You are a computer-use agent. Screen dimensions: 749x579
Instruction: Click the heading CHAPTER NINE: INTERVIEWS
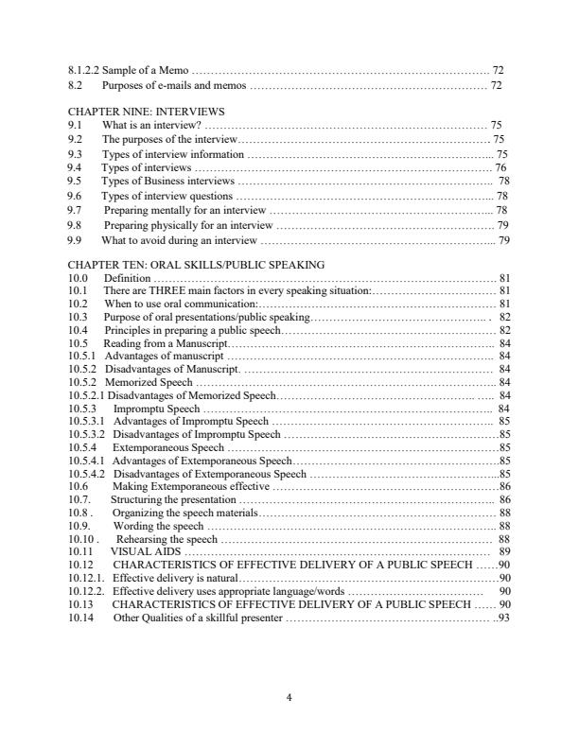pos(147,112)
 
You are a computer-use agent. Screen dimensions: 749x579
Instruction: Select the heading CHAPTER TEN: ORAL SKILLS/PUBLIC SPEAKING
pos(197,266)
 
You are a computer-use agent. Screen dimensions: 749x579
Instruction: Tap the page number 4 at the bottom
pos(289,699)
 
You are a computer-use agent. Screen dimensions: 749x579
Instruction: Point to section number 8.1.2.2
pos(89,71)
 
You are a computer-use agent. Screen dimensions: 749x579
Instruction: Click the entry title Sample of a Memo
pos(151,71)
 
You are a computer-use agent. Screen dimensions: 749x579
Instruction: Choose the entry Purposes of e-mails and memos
pos(174,85)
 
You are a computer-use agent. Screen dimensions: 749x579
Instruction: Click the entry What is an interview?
pos(151,125)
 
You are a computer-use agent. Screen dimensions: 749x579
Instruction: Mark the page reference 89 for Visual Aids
pos(504,550)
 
